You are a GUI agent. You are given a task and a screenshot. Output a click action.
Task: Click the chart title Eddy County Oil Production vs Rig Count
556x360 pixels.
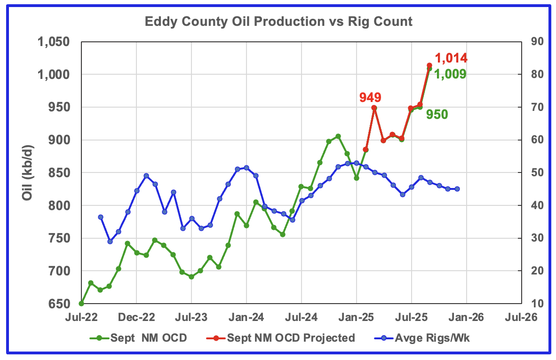click(279, 22)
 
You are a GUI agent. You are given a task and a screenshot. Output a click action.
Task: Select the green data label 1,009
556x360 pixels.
click(450, 74)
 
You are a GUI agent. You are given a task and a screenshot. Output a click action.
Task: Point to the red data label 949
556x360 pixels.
click(370, 97)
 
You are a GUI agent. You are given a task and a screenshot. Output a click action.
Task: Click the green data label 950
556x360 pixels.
click(437, 114)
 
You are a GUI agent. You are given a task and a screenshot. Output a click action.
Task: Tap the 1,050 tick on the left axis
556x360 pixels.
click(56, 42)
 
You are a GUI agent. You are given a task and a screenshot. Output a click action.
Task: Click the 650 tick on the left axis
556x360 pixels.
click(62, 304)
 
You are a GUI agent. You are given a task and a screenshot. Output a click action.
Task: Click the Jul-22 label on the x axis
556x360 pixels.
click(81, 317)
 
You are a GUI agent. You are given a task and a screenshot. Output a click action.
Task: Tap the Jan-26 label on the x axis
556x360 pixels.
click(466, 317)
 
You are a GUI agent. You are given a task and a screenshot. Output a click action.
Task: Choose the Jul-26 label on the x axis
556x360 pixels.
click(521, 317)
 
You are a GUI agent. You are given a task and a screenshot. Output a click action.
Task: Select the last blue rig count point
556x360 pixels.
click(457, 189)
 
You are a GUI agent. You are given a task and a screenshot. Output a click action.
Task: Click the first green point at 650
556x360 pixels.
click(81, 304)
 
